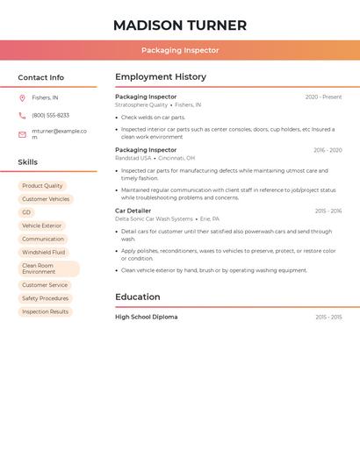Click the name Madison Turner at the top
coord(180,25)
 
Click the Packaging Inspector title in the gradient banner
coord(180,50)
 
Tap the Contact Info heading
coord(41,77)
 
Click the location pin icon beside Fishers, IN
coord(22,97)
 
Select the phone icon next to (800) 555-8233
coord(22,115)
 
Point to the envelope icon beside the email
coord(22,134)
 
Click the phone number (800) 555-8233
coord(50,115)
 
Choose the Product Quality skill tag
coord(42,186)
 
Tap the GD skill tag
coord(26,212)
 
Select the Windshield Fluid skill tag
coord(44,252)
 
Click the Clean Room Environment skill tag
coord(48,268)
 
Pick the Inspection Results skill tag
coord(45,311)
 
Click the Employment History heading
coord(161,77)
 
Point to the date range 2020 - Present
coord(323,97)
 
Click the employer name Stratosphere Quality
coord(141,105)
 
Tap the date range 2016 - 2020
coord(328,150)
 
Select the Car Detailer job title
coord(133,211)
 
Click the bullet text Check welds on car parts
coord(153,117)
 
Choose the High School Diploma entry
coord(146,317)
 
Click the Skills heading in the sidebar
coord(28,161)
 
